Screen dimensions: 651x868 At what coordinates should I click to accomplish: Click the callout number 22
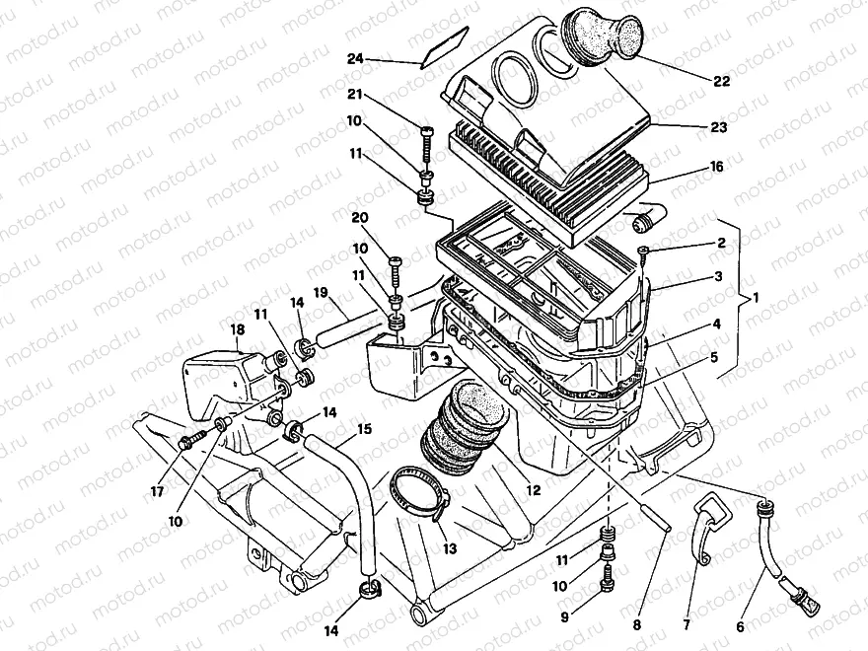(x=722, y=81)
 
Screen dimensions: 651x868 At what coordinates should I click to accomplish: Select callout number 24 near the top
(x=355, y=59)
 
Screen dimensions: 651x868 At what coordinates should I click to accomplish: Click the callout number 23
(x=716, y=127)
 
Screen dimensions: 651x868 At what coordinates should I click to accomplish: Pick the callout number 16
(x=716, y=167)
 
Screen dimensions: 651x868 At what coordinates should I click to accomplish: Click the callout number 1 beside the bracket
(x=757, y=297)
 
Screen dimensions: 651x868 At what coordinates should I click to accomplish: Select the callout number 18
(x=238, y=329)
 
